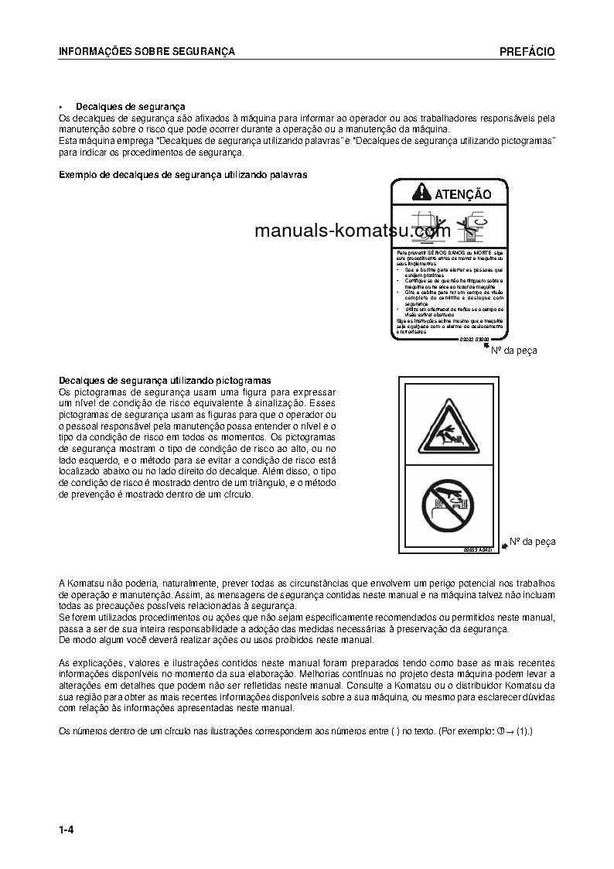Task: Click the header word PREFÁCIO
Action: coord(527,52)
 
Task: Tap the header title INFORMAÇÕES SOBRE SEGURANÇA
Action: coord(147,52)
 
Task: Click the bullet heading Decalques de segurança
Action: coord(130,106)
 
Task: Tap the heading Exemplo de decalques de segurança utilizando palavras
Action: coord(183,175)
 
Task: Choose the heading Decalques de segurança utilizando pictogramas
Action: coord(165,381)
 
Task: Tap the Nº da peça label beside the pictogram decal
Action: coord(533,542)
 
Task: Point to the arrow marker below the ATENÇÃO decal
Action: coord(486,345)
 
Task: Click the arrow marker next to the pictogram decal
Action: coord(503,546)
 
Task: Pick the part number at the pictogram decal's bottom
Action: coord(479,549)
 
